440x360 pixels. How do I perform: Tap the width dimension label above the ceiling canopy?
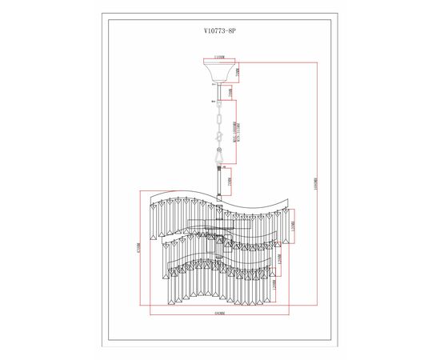point(219,57)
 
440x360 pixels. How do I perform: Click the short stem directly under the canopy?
point(218,89)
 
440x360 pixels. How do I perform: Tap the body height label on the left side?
point(138,248)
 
